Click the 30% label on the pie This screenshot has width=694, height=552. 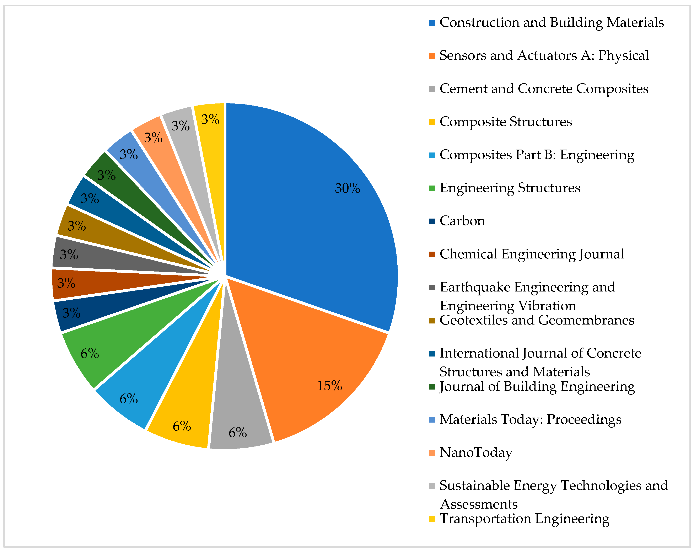[x=347, y=188]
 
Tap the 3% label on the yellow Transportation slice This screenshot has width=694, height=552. [x=210, y=120]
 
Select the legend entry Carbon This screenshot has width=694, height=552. [x=462, y=221]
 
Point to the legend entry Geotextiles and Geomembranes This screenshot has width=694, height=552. [x=537, y=320]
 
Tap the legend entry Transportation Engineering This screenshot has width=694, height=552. [x=524, y=519]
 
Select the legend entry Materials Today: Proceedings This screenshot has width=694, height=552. [x=530, y=420]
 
